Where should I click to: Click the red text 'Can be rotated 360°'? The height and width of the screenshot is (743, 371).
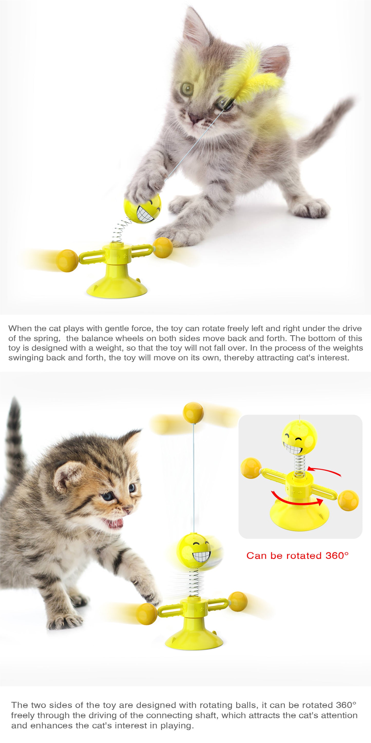coord(297,556)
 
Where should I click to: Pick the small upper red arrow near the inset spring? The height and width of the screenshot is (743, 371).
coord(326,472)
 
